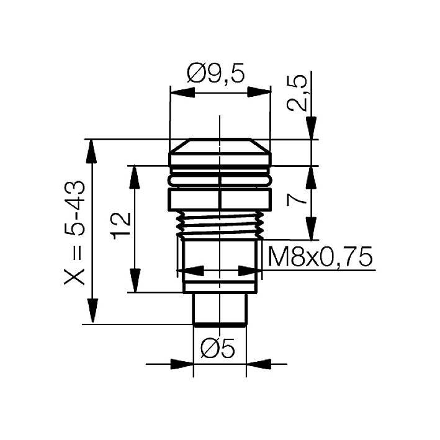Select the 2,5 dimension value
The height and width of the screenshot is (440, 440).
(297, 92)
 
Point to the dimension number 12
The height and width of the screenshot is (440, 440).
(120, 225)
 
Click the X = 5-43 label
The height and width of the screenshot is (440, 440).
(77, 233)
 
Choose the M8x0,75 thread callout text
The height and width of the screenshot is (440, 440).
(319, 256)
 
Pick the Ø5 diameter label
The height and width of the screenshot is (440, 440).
(218, 350)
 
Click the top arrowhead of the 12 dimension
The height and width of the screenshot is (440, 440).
(133, 177)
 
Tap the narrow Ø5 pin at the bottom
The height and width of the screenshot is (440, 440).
(220, 308)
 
